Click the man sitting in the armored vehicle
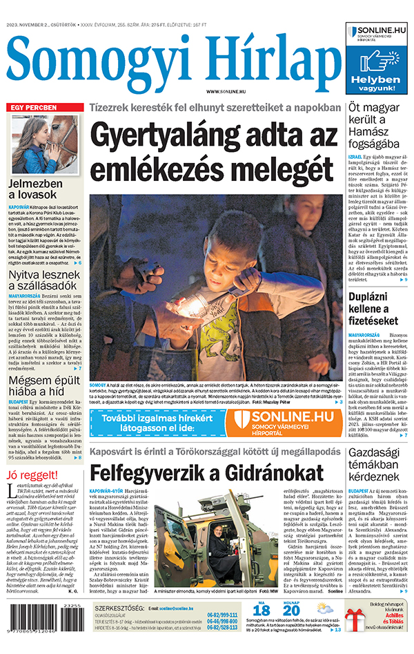tap(216, 532)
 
